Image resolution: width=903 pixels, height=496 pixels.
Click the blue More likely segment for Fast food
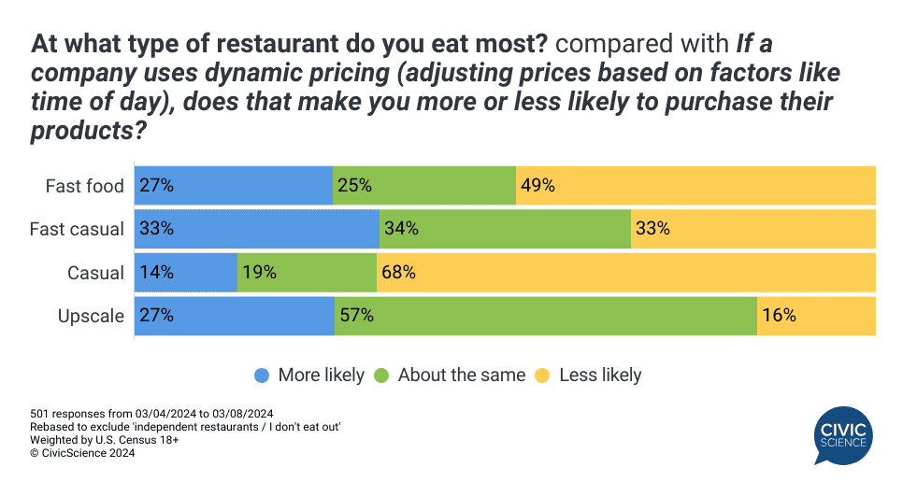tap(234, 185)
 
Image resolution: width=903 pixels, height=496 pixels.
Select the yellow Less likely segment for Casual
tap(626, 273)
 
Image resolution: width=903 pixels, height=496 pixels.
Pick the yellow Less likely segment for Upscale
tap(816, 316)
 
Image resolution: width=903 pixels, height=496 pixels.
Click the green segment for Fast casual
tap(505, 229)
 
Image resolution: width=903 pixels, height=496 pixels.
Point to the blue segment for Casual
tap(186, 273)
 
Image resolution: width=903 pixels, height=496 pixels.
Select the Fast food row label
tap(85, 186)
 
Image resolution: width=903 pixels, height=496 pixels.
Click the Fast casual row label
tap(77, 229)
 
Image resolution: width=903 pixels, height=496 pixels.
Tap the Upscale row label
tap(91, 316)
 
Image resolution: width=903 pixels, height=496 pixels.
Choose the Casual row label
tap(95, 273)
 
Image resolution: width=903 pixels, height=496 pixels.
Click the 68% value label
tap(399, 273)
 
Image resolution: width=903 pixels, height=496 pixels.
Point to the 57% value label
tap(357, 316)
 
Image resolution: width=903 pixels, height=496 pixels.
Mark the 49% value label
tap(538, 186)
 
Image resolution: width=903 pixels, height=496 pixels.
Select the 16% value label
tap(779, 316)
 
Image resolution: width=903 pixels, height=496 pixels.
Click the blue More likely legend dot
tap(263, 376)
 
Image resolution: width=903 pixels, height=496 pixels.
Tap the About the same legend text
tap(461, 376)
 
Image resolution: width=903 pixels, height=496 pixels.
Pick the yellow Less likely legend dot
tap(542, 376)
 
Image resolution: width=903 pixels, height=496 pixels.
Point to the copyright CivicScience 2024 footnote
tap(82, 453)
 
